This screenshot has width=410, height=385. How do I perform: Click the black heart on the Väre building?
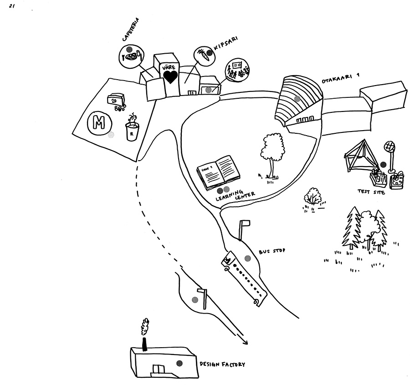tap(170, 76)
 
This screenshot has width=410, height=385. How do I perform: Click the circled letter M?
tap(99, 122)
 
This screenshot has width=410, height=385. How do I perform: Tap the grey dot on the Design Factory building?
tap(179, 363)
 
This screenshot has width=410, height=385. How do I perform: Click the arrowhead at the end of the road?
tap(246, 343)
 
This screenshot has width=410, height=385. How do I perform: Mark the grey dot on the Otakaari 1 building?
tap(297, 98)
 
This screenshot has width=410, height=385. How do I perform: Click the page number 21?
tap(12, 6)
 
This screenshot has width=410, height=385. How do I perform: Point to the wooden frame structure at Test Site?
tap(360, 155)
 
